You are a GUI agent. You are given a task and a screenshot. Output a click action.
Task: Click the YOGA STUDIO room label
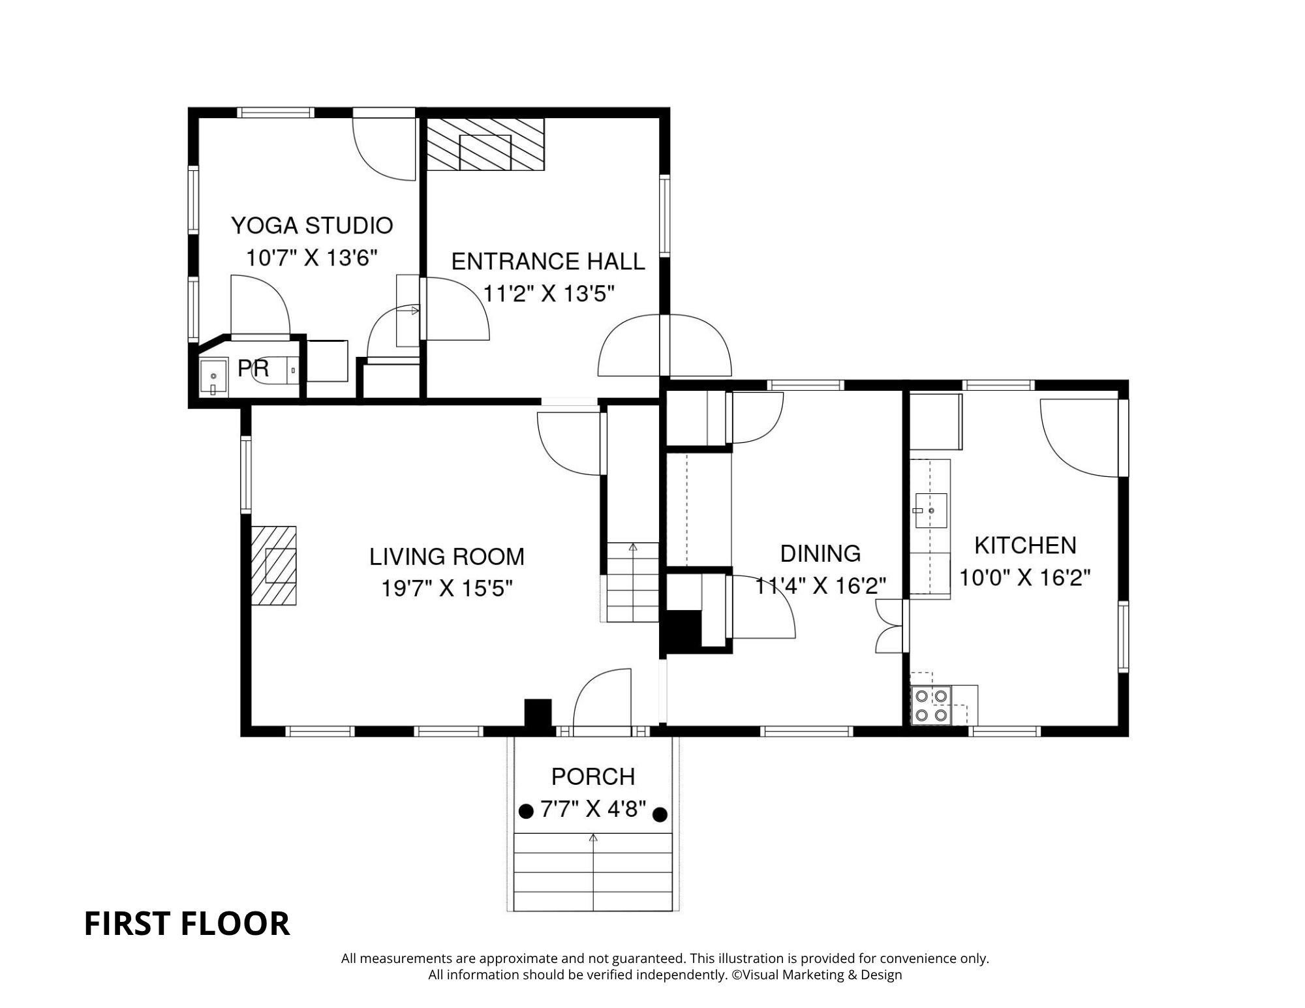(312, 226)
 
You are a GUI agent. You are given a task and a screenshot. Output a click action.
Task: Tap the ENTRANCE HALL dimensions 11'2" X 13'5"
(549, 294)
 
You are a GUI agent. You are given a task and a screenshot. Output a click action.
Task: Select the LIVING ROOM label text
(447, 557)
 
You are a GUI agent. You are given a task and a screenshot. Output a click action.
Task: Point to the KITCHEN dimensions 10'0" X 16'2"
(1024, 577)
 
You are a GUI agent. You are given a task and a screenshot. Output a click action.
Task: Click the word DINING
(820, 553)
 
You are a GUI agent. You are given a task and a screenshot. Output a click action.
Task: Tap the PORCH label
(593, 776)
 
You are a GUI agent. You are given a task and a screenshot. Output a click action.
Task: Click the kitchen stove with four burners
(931, 705)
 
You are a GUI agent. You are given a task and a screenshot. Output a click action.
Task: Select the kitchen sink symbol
(930, 510)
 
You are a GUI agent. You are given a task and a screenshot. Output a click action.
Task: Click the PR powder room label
(253, 369)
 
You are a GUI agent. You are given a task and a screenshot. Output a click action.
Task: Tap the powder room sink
(213, 377)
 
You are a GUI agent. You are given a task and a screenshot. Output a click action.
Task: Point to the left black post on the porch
(525, 812)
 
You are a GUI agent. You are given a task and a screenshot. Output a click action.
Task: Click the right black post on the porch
(660, 814)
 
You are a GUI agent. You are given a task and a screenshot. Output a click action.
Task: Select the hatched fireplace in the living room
(274, 565)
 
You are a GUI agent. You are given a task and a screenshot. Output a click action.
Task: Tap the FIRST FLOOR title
(187, 924)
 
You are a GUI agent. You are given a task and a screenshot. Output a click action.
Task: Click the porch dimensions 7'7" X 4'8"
(593, 810)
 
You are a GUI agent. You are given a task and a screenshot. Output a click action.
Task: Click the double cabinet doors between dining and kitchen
(889, 626)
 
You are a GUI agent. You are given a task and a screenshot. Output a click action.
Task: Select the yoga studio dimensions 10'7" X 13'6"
(312, 258)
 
